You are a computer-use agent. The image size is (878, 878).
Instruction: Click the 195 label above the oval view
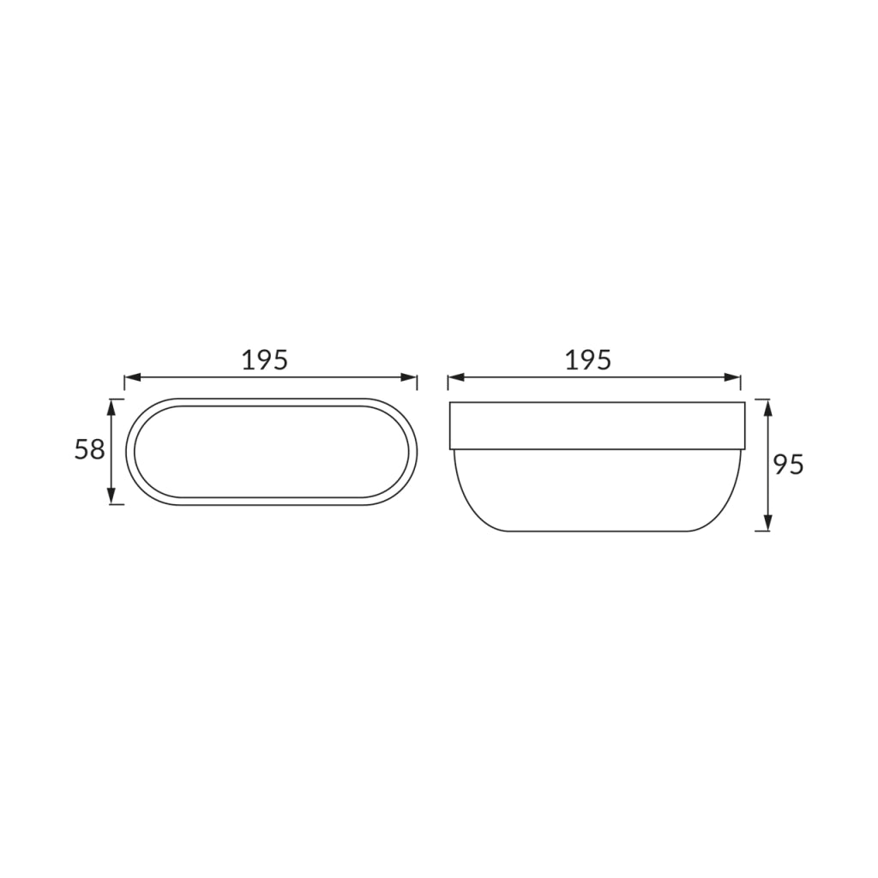265,360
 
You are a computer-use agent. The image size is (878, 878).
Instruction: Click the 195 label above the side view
588,360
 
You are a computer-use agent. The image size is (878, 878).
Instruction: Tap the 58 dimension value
89,449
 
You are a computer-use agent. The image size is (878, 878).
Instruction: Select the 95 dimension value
789,465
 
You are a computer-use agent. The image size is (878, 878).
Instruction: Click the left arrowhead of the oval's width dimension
132,378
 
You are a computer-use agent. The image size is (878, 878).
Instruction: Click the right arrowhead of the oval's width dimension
409,378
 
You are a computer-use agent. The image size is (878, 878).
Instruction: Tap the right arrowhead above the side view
732,378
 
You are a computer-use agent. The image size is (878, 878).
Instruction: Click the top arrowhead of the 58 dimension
111,407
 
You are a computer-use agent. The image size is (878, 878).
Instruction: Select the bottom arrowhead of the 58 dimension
111,496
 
